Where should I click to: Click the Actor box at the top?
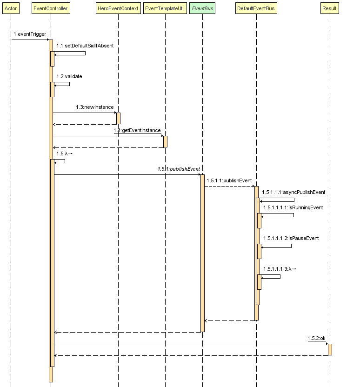tap(11, 8)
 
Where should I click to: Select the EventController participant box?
tap(51, 8)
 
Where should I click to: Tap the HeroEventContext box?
tap(118, 8)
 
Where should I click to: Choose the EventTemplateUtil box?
tap(165, 8)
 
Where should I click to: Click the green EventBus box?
tap(202, 8)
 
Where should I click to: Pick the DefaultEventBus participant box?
tap(256, 8)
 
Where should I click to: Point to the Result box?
tap(330, 8)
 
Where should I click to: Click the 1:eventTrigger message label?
tap(29, 34)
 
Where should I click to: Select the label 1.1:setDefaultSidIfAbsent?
tap(85, 46)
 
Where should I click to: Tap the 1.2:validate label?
tap(69, 76)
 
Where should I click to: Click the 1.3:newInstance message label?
tap(95, 107)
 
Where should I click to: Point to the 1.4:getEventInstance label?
tap(137, 131)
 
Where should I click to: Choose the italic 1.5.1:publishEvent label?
tap(179, 169)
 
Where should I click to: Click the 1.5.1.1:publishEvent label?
tap(229, 180)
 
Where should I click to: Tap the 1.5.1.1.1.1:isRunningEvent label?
tap(293, 207)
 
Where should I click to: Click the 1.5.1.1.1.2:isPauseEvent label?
tap(291, 238)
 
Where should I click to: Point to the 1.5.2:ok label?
tap(316, 338)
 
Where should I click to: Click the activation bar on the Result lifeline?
tap(330, 349)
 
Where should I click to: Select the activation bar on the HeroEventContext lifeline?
tap(118, 118)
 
